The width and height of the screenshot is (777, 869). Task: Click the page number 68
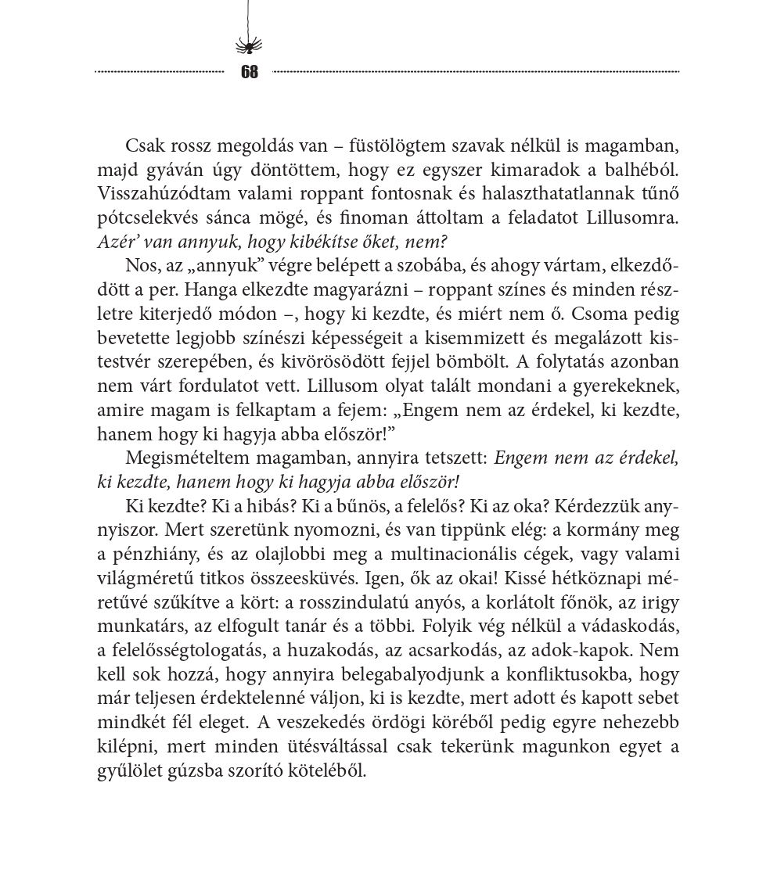click(250, 72)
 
